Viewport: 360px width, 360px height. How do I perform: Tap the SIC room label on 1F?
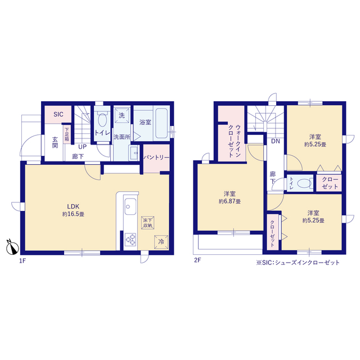pos(58,114)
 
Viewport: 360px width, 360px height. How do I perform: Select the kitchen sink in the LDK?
pos(130,206)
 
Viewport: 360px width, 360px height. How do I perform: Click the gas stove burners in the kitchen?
pos(130,240)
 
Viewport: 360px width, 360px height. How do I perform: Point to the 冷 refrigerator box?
pos(161,242)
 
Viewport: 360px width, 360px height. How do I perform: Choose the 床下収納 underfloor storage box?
pos(147,223)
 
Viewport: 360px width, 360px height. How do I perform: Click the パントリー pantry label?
pos(156,157)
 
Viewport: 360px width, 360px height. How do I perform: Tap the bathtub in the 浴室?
pos(161,123)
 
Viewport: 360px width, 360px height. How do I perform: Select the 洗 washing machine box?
pos(121,115)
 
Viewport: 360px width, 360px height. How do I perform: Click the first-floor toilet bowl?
pos(102,119)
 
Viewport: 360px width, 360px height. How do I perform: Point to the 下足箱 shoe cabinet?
pos(66,134)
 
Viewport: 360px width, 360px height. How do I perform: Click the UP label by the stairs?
pos(83,146)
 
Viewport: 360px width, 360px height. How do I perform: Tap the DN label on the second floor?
pos(276,141)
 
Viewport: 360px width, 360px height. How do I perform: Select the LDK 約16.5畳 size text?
pos(73,210)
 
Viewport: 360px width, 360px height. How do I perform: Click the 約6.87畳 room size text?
pos(229,201)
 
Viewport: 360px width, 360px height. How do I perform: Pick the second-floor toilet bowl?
pos(304,183)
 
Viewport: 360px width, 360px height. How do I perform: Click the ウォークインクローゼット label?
pos(235,141)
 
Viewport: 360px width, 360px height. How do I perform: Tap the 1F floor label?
pos(22,261)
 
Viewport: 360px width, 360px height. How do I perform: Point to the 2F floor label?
pos(197,260)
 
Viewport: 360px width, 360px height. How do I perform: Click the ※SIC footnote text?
pos(298,263)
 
